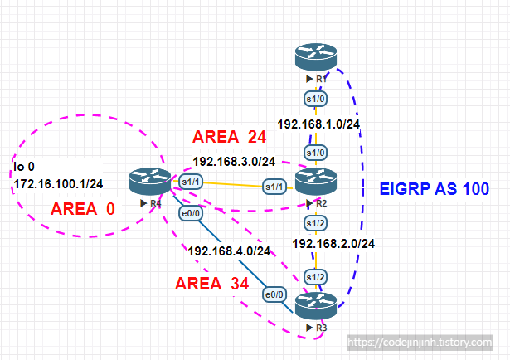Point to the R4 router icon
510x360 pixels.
coord(149,180)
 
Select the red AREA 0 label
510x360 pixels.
coord(85,209)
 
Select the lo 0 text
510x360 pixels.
coord(25,167)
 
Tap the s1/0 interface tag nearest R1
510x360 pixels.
coord(314,97)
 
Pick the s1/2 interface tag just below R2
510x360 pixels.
coord(314,221)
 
